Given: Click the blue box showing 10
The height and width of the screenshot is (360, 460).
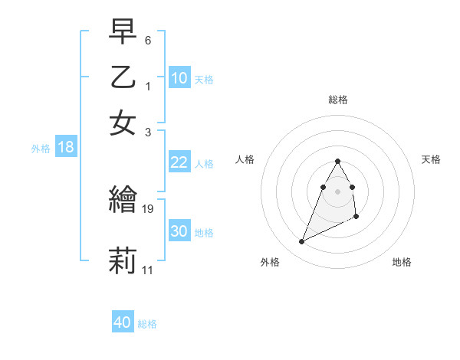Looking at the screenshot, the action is [x=179, y=78].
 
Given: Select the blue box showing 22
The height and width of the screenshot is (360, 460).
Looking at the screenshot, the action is [x=179, y=162].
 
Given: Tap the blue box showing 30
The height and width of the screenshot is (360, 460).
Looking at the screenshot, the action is [x=179, y=231].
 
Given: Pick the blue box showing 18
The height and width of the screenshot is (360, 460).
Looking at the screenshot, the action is [x=66, y=148].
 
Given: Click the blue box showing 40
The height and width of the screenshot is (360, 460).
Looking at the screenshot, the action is [x=123, y=322].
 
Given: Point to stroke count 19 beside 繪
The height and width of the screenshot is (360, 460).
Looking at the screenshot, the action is [x=149, y=208].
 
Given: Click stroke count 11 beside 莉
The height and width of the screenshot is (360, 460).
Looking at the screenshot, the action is [x=148, y=270].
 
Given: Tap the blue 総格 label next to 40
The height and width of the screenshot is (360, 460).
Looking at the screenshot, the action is [x=147, y=324].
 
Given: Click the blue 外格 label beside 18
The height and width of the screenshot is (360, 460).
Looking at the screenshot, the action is [x=41, y=149].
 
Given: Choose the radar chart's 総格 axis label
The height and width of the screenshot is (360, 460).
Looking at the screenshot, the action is [x=338, y=100].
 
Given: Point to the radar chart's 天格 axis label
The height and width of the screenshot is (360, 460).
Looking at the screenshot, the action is [x=432, y=159].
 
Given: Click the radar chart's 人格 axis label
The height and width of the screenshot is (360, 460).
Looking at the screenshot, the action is [x=245, y=159].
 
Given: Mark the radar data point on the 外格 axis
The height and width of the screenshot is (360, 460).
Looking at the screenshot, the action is [x=301, y=242].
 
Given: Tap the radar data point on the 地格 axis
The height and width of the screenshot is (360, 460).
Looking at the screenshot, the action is [x=357, y=218].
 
